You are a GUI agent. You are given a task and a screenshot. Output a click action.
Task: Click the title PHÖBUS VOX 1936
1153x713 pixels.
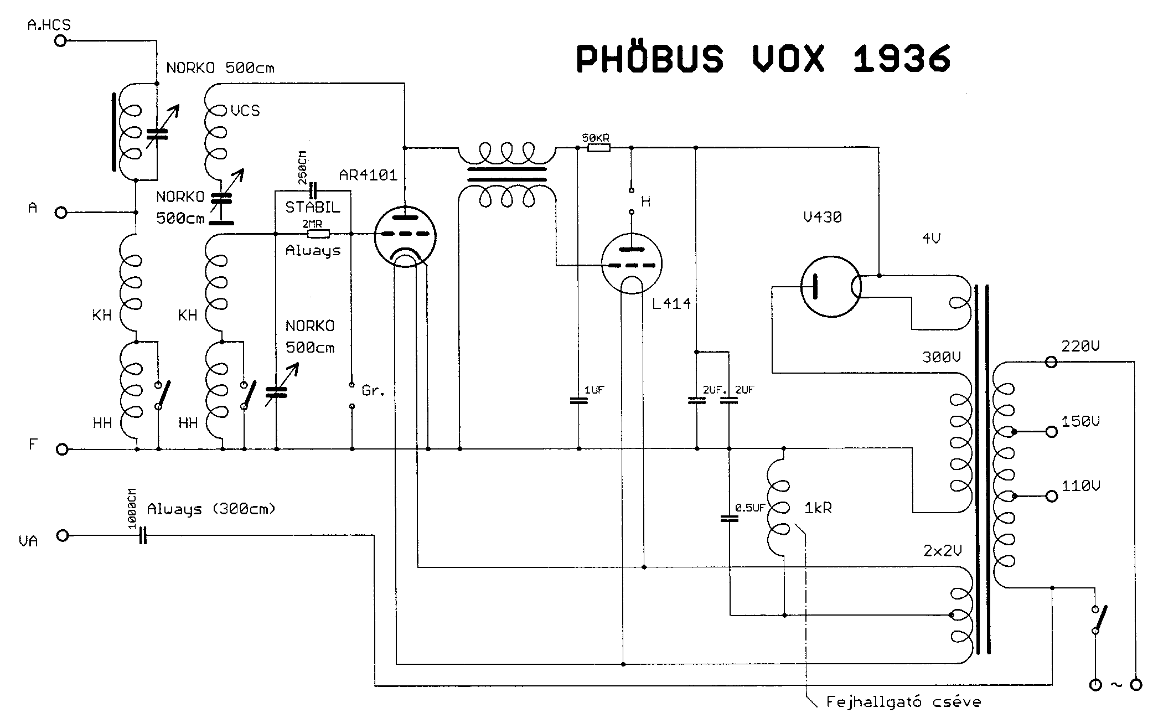coord(763,58)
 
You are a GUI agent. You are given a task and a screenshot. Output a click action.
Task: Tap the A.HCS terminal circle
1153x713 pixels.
coord(61,40)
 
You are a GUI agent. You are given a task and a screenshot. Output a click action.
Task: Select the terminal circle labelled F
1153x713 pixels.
coord(62,449)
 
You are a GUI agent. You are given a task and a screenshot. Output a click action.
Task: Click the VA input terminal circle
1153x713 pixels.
coord(63,535)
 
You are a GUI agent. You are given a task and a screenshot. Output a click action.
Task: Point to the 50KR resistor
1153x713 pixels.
coord(598,148)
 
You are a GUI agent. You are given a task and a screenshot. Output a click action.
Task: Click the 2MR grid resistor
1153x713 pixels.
coord(318,234)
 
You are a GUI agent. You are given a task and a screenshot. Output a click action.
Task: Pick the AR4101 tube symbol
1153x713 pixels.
coord(405,237)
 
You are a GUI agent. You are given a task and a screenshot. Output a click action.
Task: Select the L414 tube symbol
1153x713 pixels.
coord(632,265)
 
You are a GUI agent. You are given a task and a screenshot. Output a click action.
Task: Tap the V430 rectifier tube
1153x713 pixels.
coord(830,286)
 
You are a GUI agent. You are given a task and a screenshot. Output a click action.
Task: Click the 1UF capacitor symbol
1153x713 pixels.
coord(578,400)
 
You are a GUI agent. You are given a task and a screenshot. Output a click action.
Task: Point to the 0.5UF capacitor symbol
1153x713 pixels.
coord(729,519)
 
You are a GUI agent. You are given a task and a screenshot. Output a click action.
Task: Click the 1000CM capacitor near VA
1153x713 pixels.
coord(143,535)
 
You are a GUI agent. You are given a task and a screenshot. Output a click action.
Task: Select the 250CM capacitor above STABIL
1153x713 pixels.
coord(314,191)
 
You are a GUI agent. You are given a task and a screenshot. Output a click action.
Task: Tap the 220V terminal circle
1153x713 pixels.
coord(1050,362)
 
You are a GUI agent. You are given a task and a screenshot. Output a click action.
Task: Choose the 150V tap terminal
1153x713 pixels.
coord(1051,432)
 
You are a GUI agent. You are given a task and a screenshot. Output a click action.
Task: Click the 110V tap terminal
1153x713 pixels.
coord(1051,497)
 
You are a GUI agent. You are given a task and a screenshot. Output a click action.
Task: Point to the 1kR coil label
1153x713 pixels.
coord(818,508)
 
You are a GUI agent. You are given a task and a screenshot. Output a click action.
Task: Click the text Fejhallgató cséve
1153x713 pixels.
coord(903,702)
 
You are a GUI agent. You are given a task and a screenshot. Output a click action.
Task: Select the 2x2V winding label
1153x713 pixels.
coord(942,550)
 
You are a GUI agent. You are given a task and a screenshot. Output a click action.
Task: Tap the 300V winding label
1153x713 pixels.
coord(941,357)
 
